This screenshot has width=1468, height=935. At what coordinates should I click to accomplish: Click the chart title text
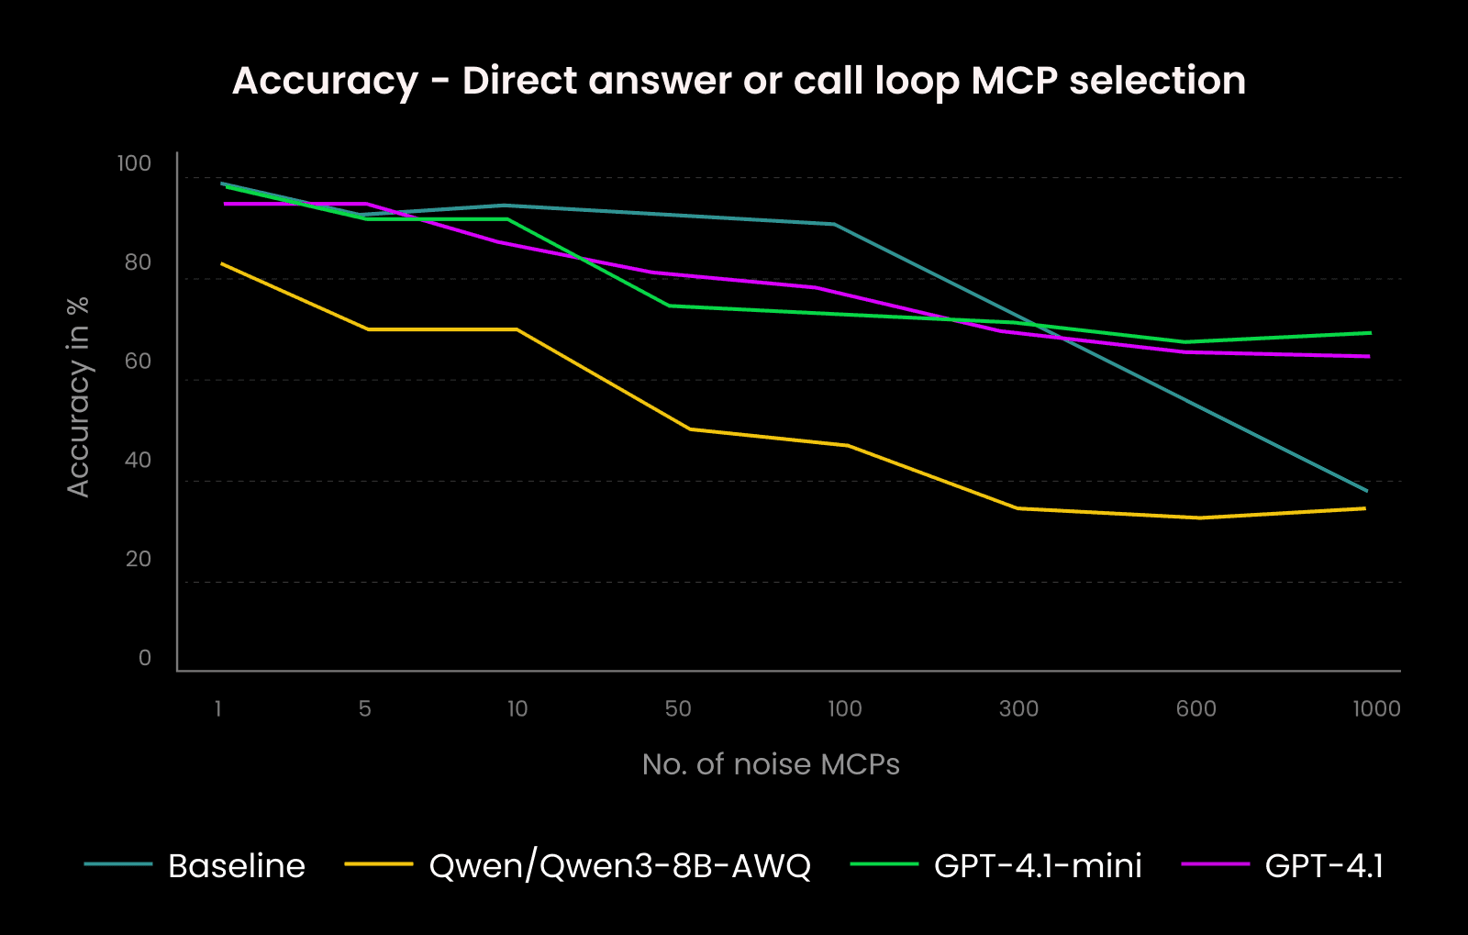click(739, 81)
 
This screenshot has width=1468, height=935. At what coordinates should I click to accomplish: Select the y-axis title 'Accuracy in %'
click(78, 396)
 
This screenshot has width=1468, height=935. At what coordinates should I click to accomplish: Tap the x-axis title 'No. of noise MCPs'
click(771, 764)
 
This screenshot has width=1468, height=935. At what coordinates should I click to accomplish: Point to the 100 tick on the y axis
click(134, 163)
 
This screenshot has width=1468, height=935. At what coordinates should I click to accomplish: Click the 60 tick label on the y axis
click(138, 362)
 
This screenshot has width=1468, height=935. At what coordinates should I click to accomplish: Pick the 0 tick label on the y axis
click(145, 658)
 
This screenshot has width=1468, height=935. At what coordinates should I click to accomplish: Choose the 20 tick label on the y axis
click(138, 560)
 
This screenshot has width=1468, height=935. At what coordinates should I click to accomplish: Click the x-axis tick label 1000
click(1376, 708)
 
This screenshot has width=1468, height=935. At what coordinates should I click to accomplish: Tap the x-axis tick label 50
click(678, 708)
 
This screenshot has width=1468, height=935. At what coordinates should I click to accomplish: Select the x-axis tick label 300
click(1018, 708)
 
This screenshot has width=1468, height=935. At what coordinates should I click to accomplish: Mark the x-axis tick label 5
click(365, 708)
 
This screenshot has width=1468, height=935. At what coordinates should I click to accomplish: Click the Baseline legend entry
click(236, 866)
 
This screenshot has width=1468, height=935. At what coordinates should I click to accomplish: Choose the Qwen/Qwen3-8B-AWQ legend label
click(619, 866)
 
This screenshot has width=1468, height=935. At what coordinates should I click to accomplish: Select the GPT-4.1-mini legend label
click(1038, 866)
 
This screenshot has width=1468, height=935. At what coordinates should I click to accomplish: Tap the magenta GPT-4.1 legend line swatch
click(1216, 864)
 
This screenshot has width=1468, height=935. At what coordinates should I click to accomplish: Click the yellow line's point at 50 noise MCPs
click(689, 429)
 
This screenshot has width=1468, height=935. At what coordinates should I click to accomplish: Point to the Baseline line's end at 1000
click(1367, 491)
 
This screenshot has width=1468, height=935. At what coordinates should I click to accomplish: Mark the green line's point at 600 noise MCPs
click(1185, 342)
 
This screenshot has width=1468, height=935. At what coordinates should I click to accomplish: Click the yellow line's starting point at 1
click(222, 263)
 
